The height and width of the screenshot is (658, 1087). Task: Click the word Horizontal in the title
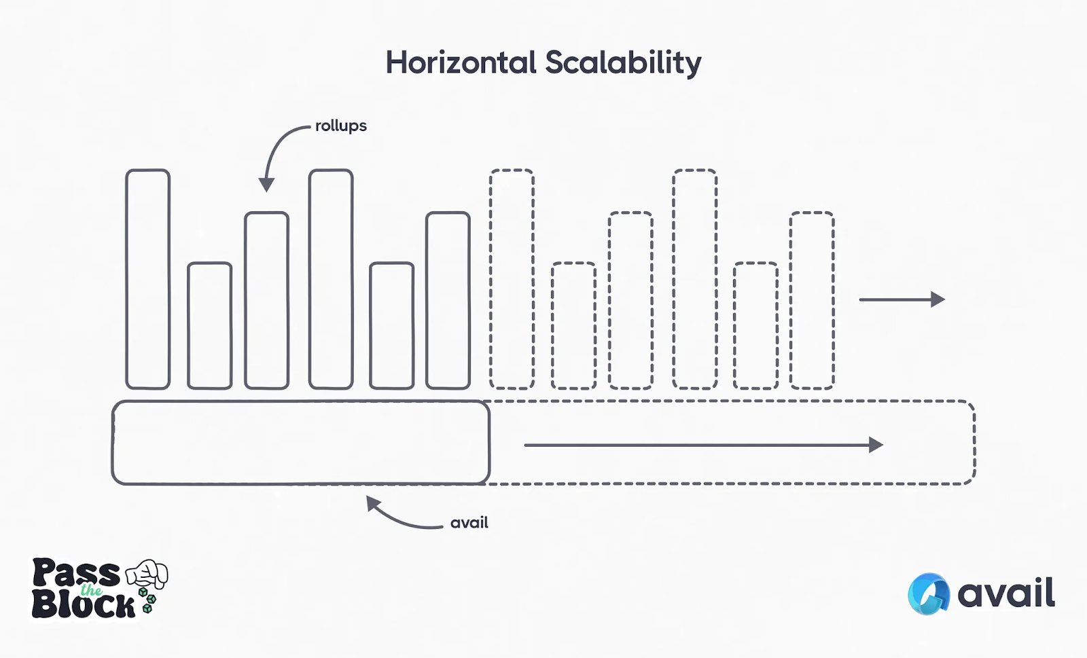click(x=461, y=63)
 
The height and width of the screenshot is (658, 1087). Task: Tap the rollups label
click(x=340, y=126)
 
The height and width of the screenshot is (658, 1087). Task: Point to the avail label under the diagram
click(x=469, y=523)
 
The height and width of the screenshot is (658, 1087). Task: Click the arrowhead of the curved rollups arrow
click(x=266, y=184)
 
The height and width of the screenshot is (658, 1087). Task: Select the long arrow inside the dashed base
click(x=703, y=445)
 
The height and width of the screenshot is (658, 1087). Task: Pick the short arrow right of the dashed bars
click(x=902, y=299)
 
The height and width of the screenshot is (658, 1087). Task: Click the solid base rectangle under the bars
click(x=300, y=443)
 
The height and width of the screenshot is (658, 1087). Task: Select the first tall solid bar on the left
click(x=147, y=279)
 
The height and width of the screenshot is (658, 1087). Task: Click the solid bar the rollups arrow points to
click(x=266, y=300)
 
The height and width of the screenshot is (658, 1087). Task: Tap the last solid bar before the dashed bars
click(x=448, y=300)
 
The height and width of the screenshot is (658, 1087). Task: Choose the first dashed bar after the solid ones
click(x=512, y=279)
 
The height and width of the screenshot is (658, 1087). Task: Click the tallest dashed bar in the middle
click(x=694, y=279)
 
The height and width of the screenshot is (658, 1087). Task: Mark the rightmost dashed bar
click(x=812, y=300)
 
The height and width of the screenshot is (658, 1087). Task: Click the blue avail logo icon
click(x=928, y=594)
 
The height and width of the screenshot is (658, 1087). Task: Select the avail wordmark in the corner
click(x=1005, y=593)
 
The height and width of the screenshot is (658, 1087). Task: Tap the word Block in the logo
click(x=83, y=604)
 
